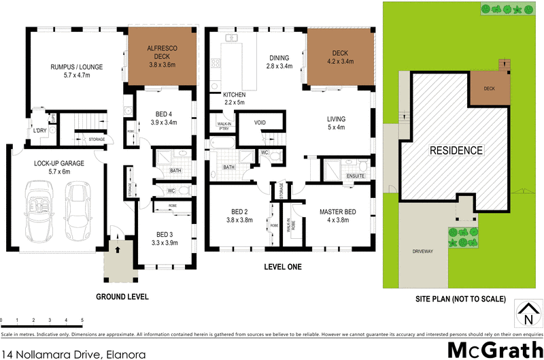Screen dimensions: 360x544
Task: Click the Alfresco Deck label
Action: click(162, 53)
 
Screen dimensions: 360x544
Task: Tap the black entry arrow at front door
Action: click(120, 250)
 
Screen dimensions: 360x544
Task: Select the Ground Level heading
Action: click(122, 297)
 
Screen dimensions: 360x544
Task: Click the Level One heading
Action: click(282, 267)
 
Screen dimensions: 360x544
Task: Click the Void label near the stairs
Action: click(260, 123)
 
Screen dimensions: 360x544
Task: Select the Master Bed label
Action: click(337, 216)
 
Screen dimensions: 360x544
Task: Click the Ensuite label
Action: click(356, 176)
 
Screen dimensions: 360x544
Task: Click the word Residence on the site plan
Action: click(455, 150)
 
